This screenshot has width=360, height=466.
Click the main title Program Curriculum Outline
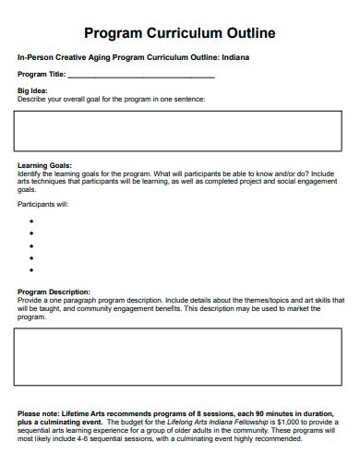pyautogui.click(x=180, y=34)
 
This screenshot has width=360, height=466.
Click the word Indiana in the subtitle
pyautogui.click(x=233, y=57)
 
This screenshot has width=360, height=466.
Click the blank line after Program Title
pyautogui.click(x=141, y=75)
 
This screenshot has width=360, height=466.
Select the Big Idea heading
pyautogui.click(x=33, y=90)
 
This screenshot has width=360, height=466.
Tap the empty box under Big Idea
pyautogui.click(x=180, y=130)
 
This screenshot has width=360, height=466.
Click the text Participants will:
pyautogui.click(x=43, y=204)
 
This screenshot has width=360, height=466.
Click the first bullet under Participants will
pyautogui.click(x=31, y=221)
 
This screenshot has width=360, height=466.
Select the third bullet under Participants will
pyautogui.click(x=31, y=246)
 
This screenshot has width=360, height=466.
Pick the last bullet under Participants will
pyautogui.click(x=31, y=271)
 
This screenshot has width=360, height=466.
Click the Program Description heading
pyautogui.click(x=54, y=292)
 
